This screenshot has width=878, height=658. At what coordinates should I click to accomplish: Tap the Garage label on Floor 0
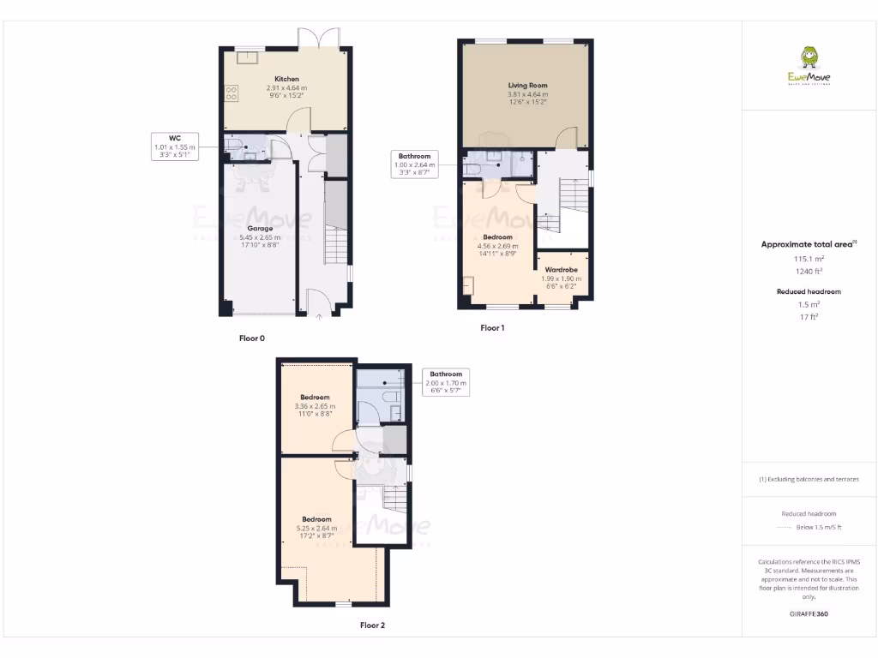coord(261,229)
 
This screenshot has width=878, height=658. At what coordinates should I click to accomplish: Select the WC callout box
coord(174,147)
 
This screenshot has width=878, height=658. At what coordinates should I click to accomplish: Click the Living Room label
coord(527,86)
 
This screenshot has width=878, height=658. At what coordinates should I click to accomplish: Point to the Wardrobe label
coord(561,270)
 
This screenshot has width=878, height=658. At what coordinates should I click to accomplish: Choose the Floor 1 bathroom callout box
coord(414,164)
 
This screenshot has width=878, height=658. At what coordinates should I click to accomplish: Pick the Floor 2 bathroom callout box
coord(446,382)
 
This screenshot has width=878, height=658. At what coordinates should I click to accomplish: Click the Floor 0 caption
coord(251,338)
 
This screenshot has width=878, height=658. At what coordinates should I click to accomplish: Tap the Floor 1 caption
coord(492,328)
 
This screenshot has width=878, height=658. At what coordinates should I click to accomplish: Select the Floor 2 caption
coord(372,625)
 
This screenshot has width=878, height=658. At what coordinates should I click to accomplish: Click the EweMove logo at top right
coord(809,68)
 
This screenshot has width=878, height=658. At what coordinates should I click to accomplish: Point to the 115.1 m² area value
coord(809,258)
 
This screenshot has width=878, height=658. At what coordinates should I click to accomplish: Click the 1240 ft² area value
coord(809,271)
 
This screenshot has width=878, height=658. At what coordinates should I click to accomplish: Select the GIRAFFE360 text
coord(809,614)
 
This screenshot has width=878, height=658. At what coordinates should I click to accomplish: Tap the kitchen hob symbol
coord(232,93)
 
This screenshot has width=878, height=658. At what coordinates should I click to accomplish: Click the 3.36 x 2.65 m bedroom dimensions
coord(315,406)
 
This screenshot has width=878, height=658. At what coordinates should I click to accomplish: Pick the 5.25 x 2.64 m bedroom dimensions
coord(316,529)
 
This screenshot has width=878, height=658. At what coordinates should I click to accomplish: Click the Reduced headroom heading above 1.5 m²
coord(809,291)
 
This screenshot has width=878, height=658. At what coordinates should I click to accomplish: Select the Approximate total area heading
coord(809,244)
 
